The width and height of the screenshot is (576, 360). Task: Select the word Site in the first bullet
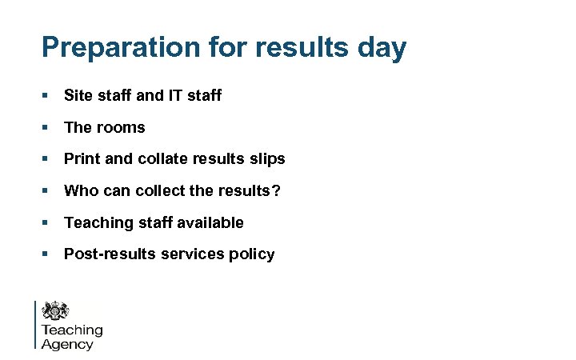[x=78, y=96]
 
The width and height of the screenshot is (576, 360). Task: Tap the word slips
[x=267, y=159]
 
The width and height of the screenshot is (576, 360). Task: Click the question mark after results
[x=277, y=191]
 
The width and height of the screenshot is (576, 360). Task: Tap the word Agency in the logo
[x=67, y=345]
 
